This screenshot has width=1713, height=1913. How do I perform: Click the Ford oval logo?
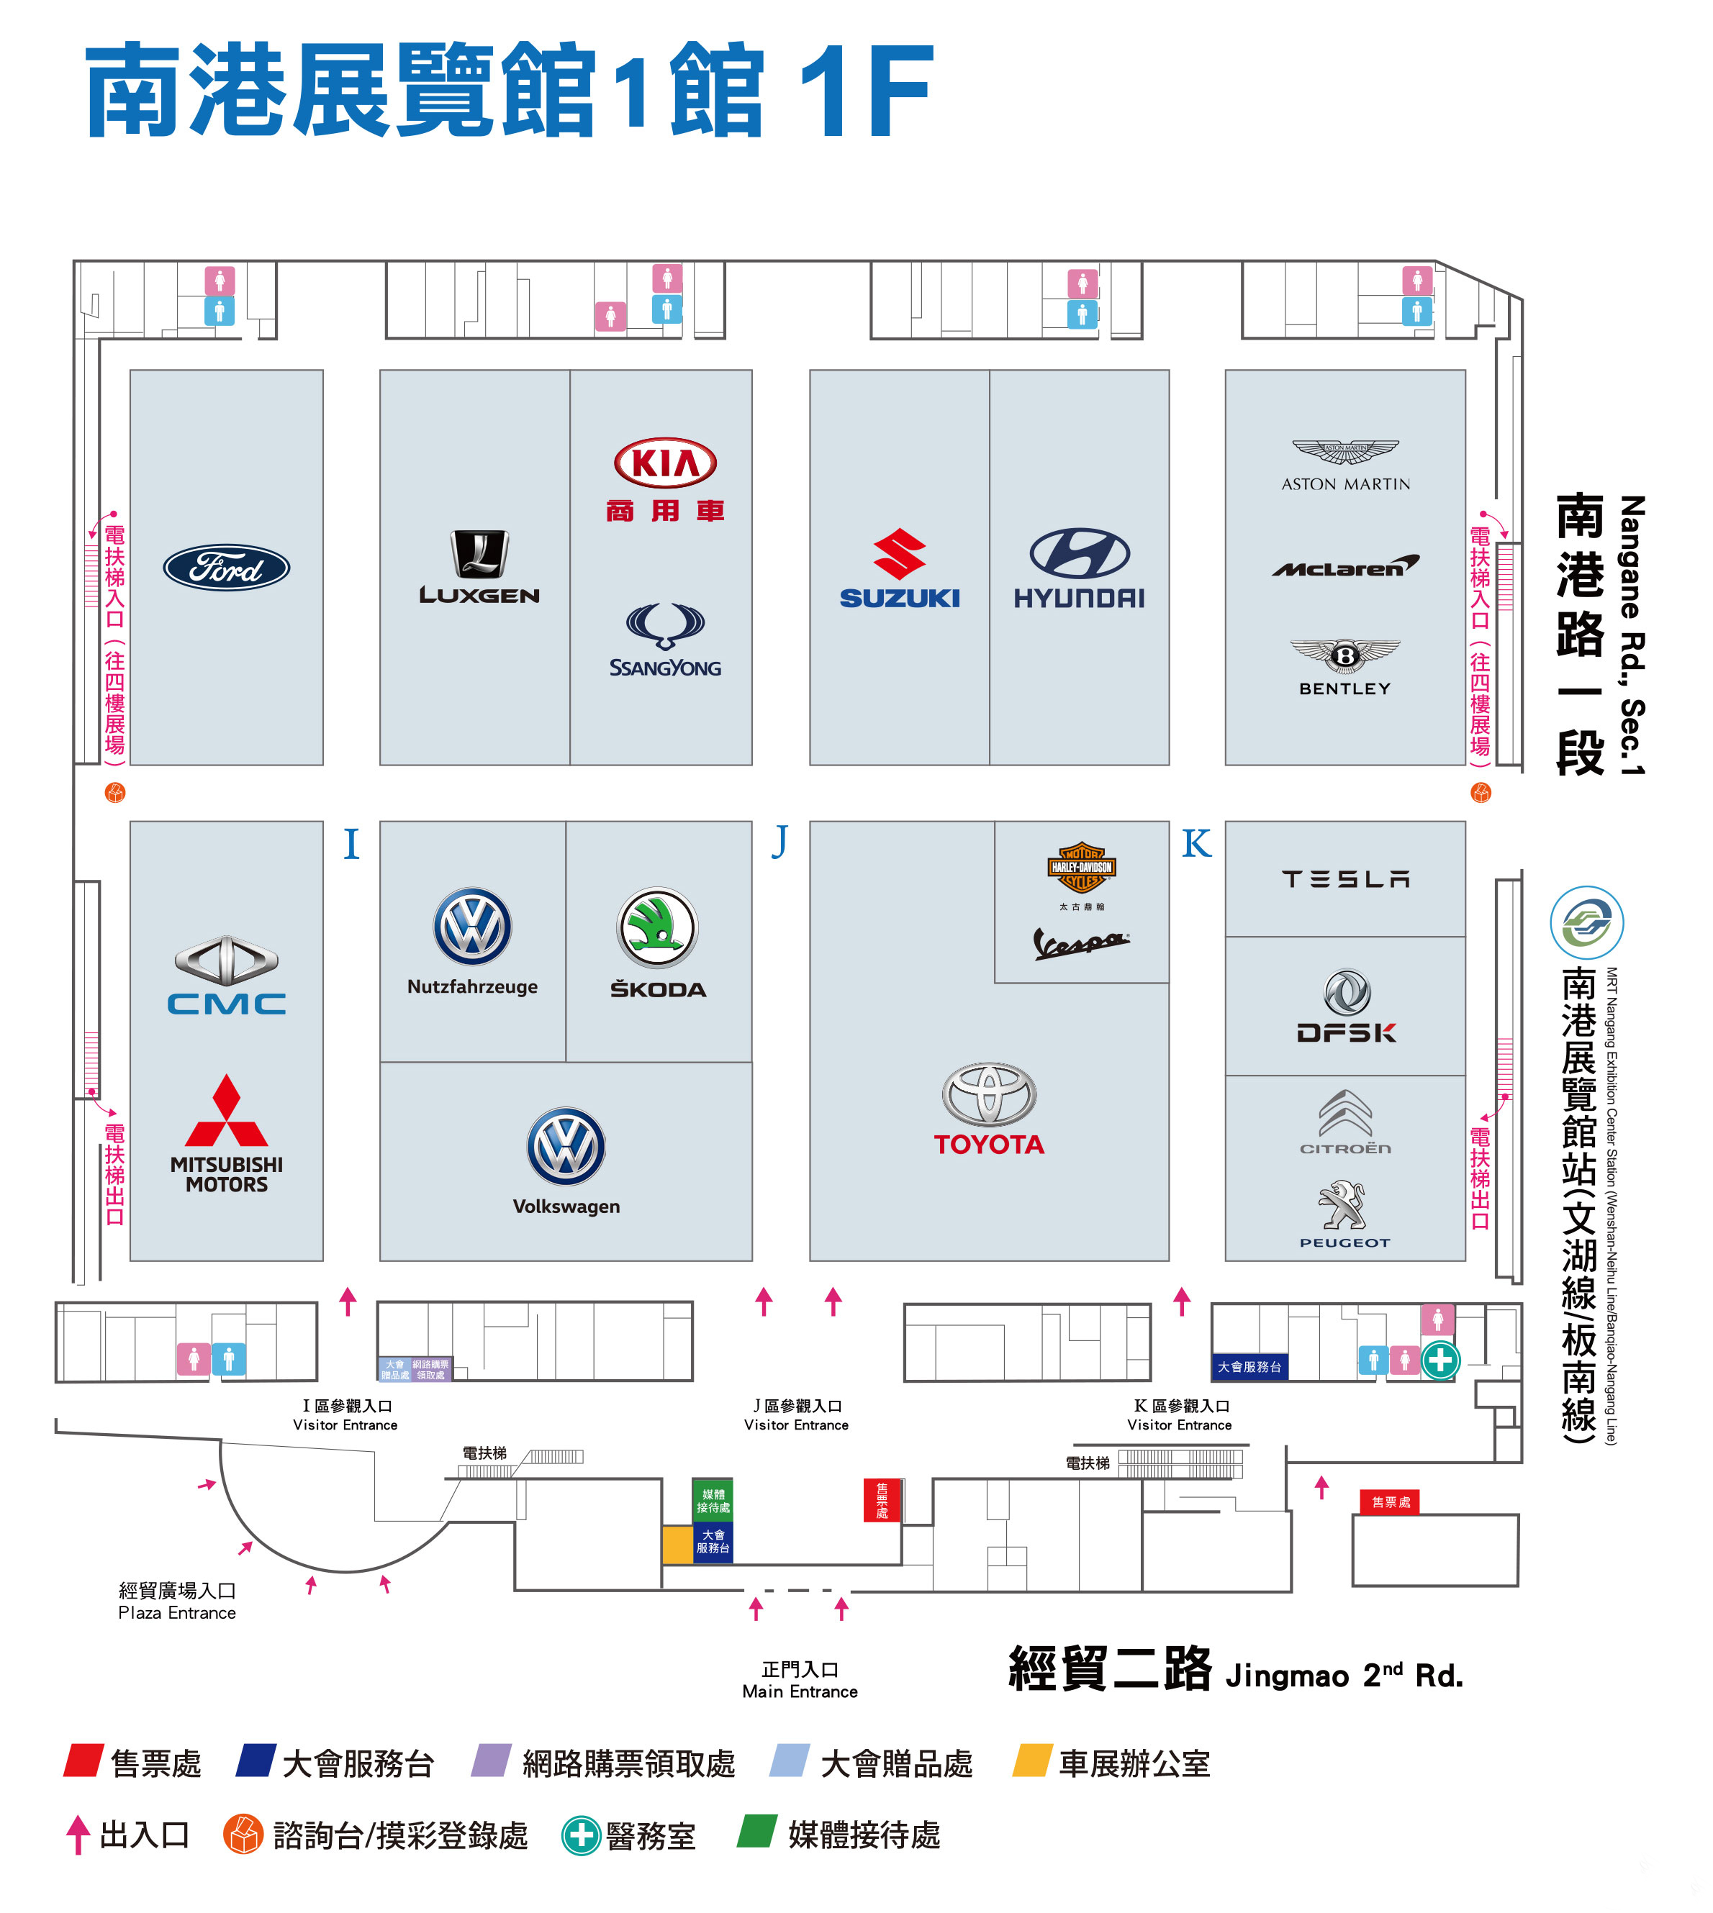[x=226, y=568]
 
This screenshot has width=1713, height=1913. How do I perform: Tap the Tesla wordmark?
[x=1345, y=879]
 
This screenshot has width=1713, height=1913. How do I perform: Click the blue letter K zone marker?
[x=1196, y=843]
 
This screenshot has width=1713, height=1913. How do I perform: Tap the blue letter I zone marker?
[x=351, y=843]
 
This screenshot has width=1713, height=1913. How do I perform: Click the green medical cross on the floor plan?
[x=1440, y=1360]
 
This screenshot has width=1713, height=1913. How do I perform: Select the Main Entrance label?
[x=800, y=1680]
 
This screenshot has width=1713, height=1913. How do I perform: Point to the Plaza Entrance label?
[x=177, y=1601]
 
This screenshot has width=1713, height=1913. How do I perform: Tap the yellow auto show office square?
[x=678, y=1545]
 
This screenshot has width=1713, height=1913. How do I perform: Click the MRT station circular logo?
[x=1587, y=922]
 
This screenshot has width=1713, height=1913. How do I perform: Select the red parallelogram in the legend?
[x=83, y=1760]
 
